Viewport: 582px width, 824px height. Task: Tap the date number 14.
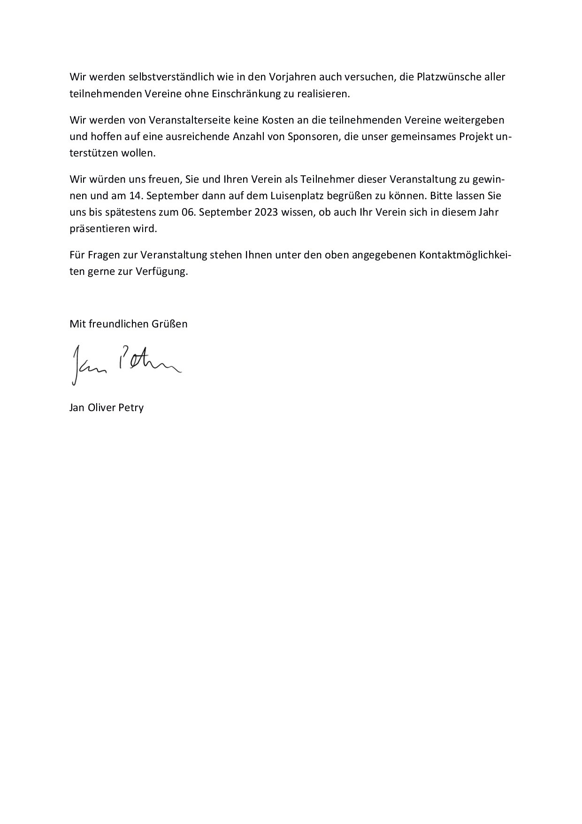pos(134,195)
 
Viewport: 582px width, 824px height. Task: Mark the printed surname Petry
pos(132,407)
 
